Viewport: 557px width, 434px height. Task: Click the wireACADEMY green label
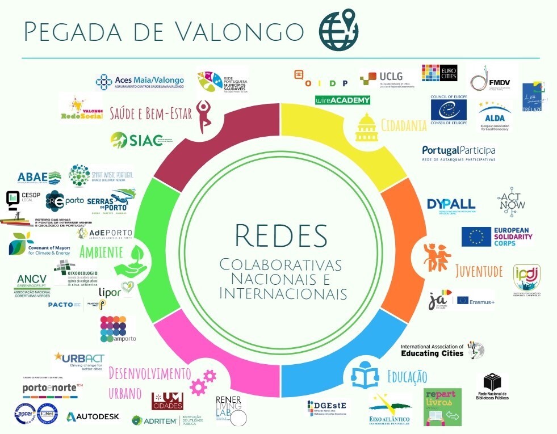(x=342, y=100)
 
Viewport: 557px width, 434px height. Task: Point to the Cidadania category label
(x=404, y=125)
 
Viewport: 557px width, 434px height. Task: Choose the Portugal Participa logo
(x=459, y=153)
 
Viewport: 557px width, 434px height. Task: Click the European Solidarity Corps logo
(x=497, y=236)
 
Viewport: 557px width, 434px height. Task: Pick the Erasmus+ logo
(x=476, y=301)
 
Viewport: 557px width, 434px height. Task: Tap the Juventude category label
(x=479, y=271)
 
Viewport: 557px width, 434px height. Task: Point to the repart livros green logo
(x=443, y=407)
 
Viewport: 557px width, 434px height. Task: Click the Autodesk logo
(x=94, y=417)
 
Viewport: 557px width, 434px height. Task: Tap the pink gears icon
(x=203, y=382)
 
